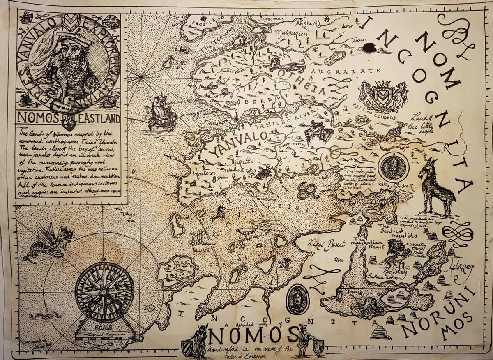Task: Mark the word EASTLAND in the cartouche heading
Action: pos(97,119)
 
